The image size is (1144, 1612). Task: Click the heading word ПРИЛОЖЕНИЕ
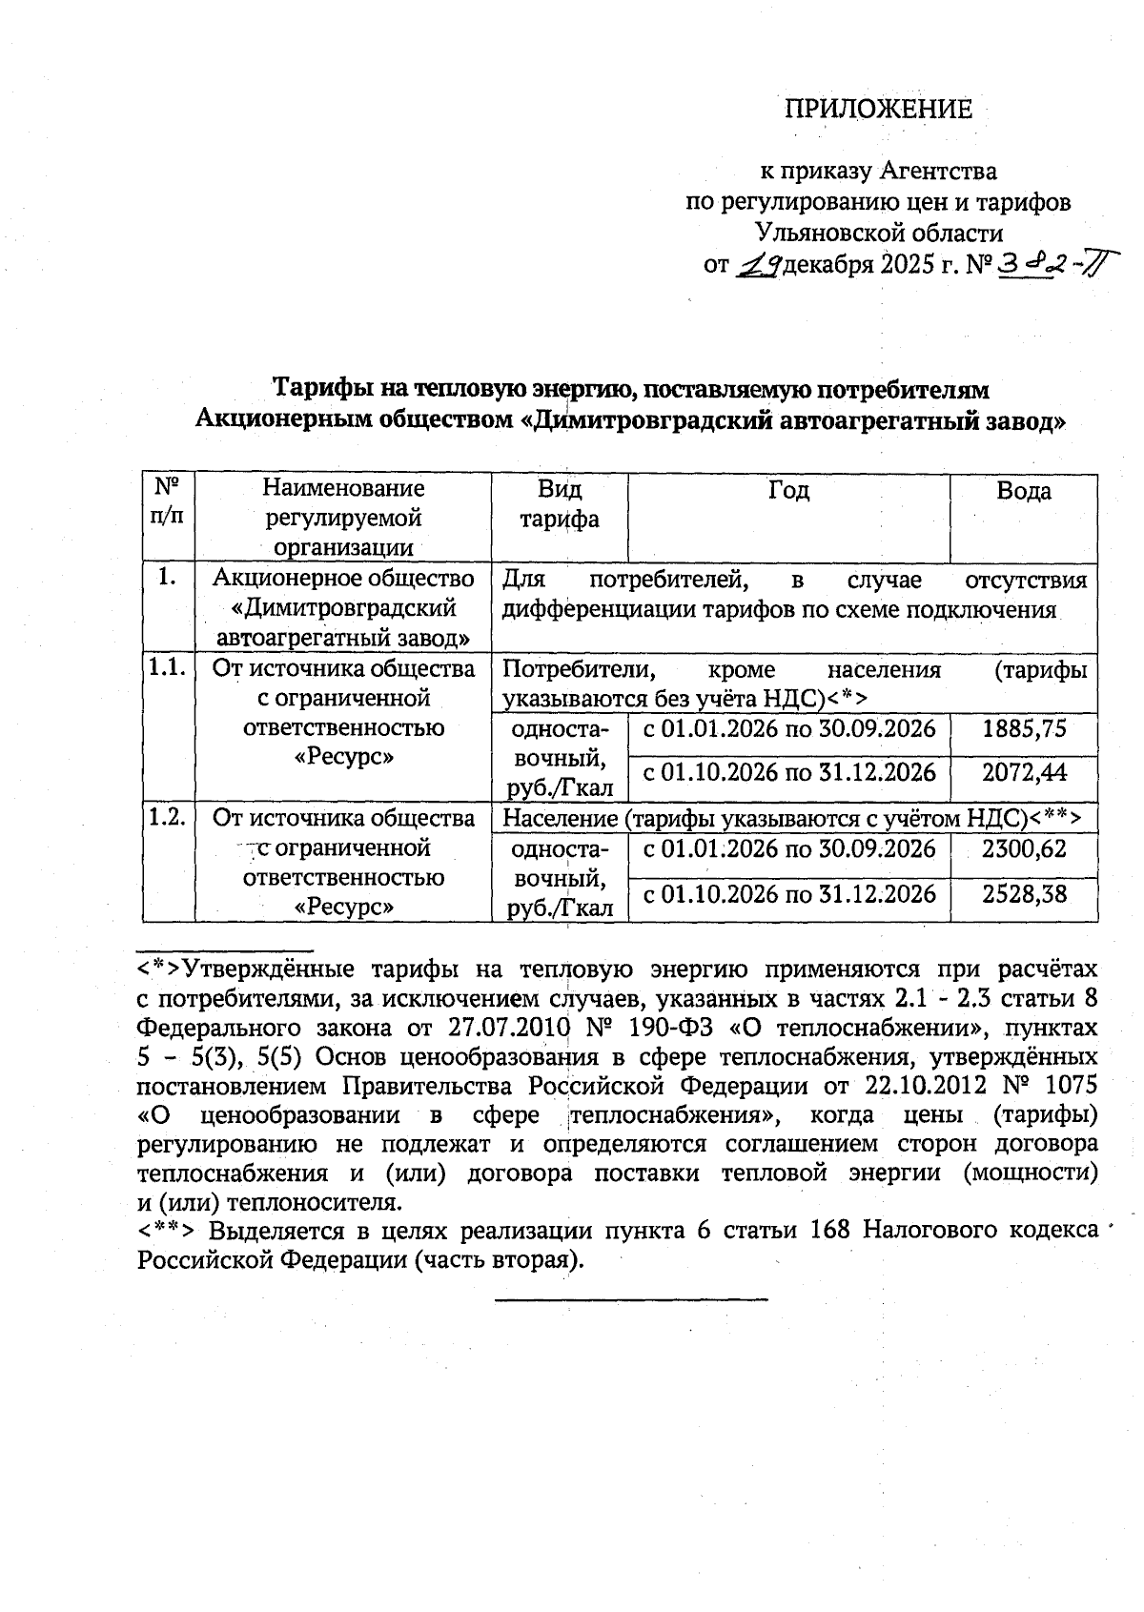[x=878, y=109]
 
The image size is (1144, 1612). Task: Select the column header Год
[x=788, y=491]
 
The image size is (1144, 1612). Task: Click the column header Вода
[x=1023, y=491]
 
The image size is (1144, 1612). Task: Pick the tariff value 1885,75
[x=1024, y=729]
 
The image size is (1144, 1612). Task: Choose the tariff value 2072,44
[x=1024, y=772]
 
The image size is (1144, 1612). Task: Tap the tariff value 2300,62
[x=1024, y=848]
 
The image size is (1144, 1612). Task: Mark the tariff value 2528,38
[x=1024, y=894]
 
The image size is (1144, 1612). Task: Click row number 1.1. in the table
[x=167, y=668]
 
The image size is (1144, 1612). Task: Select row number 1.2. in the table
[x=167, y=818]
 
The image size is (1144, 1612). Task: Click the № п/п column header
[x=168, y=503]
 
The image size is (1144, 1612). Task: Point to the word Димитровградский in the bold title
[x=647, y=420]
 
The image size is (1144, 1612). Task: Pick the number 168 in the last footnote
[x=828, y=1230]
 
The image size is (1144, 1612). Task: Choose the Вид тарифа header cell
[x=559, y=504]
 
